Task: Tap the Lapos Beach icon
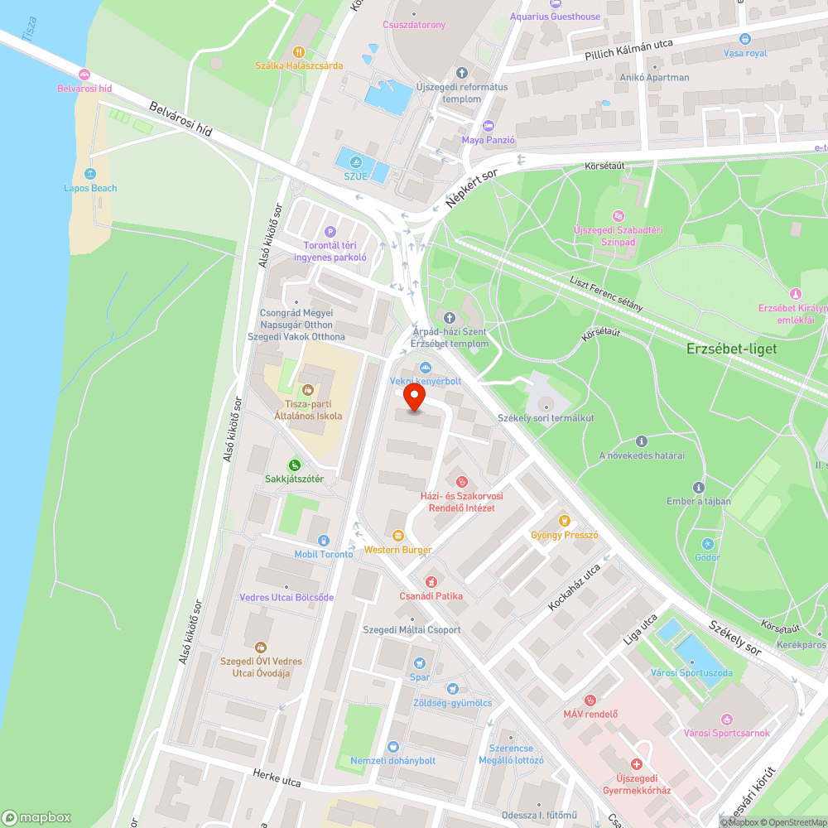pos(90,174)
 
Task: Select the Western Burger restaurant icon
pos(398,536)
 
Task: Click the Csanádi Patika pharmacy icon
pos(431,582)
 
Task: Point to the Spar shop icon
pos(420,662)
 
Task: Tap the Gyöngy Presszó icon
pos(565,521)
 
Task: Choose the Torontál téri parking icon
pos(330,232)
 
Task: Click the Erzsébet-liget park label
pos(731,349)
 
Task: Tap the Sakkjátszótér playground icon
pos(294,465)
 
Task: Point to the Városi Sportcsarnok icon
pos(728,719)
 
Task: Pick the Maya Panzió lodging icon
pos(488,126)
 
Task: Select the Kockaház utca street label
pos(574,589)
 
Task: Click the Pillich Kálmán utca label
pos(628,48)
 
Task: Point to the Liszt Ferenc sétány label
pos(606,293)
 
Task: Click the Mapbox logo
pos(37,816)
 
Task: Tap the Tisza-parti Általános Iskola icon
pos(308,389)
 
